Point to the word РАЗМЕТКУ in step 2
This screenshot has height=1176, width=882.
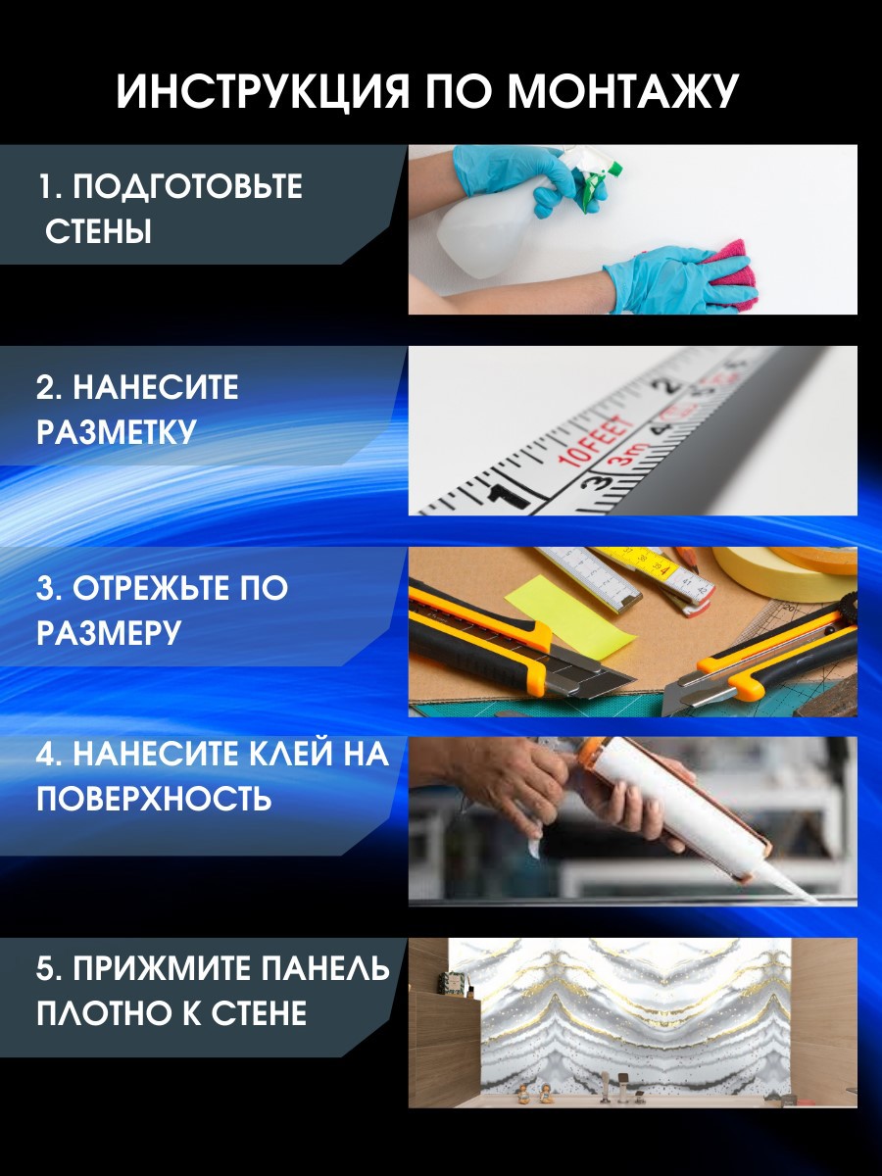pos(117,432)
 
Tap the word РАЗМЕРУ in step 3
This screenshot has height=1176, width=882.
pos(109,633)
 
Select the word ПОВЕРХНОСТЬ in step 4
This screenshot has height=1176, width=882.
pos(154,799)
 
